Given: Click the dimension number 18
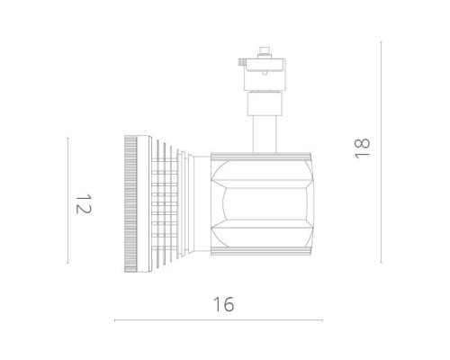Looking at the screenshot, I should click(364, 148).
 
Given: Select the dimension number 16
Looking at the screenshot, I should click(224, 304).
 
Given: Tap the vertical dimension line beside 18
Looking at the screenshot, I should click(382, 151).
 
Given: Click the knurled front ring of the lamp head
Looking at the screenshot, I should click(130, 203).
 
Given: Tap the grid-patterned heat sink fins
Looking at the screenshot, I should click(161, 203).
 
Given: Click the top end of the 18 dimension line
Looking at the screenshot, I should click(382, 40).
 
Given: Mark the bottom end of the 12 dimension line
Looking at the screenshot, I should click(68, 263).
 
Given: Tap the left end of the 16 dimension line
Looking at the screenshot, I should click(115, 320).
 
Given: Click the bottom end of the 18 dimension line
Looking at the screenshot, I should click(382, 262).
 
